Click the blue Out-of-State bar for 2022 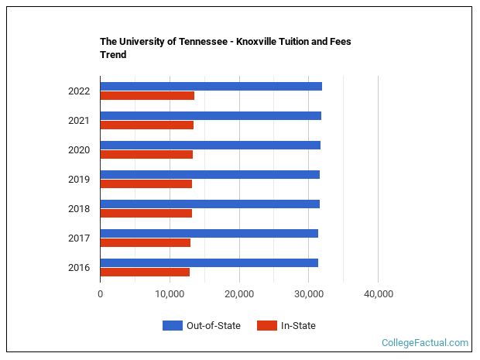tap(211, 86)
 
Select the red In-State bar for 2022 tap(147, 96)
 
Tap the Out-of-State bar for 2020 tap(210, 145)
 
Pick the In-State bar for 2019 tap(146, 184)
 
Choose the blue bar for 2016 tap(209, 262)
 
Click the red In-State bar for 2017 tap(145, 243)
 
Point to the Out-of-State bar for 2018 tap(210, 204)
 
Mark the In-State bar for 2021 tap(146, 125)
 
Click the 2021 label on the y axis tap(79, 121)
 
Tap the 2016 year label tap(79, 268)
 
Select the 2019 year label tap(79, 180)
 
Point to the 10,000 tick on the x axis tap(170, 294)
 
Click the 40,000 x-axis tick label tap(378, 294)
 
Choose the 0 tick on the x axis tap(101, 294)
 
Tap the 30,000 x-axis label tap(308, 294)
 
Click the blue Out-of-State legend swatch tap(172, 325)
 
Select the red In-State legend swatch tap(266, 325)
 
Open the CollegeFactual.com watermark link tap(424, 342)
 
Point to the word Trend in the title tap(113, 55)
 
